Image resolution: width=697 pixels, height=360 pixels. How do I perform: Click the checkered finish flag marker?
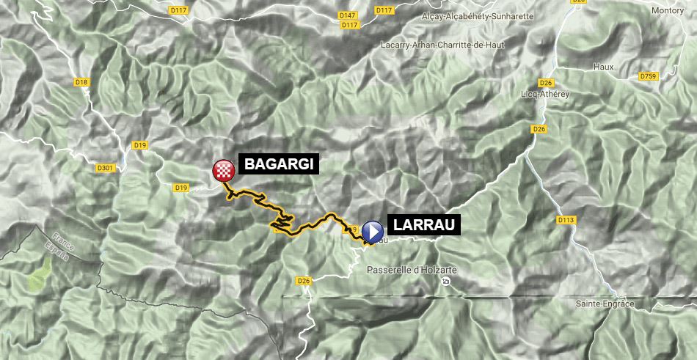(223, 171)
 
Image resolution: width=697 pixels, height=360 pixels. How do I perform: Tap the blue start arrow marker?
(373, 232)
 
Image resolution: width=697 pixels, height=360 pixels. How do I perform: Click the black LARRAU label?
(423, 226)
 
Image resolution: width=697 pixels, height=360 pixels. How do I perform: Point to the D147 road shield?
(348, 15)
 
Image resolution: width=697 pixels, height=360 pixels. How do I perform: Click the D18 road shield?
(81, 82)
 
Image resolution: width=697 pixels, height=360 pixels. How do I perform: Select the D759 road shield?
(648, 76)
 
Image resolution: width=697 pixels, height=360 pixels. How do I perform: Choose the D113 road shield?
(565, 220)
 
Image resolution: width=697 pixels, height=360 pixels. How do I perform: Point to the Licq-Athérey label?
(544, 94)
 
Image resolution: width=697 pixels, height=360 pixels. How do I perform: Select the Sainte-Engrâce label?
(605, 304)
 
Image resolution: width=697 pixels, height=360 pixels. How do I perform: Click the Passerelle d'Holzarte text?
(411, 270)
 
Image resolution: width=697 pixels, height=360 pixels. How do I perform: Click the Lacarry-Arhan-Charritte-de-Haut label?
(434, 44)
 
